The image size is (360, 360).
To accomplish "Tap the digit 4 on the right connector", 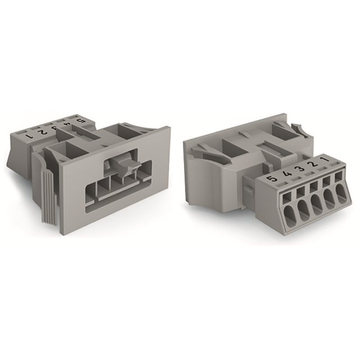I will click(x=287, y=175).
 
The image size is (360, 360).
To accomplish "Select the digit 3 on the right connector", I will click(x=300, y=169).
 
